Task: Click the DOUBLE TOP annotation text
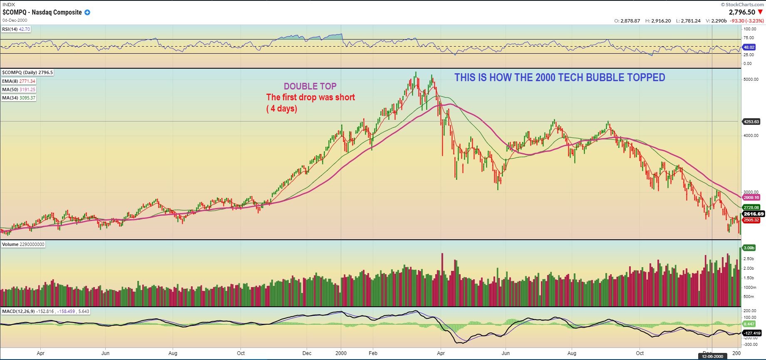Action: click(x=310, y=86)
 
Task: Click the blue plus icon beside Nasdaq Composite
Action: click(x=87, y=12)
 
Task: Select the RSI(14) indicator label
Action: click(x=16, y=29)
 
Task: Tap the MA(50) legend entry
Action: click(x=19, y=89)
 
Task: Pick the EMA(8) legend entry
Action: click(x=19, y=81)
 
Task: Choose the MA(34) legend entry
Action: click(x=19, y=98)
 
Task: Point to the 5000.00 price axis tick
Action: click(x=751, y=79)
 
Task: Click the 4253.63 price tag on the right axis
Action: click(x=751, y=122)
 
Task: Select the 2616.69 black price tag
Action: click(x=754, y=214)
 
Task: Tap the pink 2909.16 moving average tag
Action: click(x=751, y=197)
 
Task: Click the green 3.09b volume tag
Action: click(x=749, y=248)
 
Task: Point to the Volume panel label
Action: click(x=23, y=244)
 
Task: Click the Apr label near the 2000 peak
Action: click(x=441, y=353)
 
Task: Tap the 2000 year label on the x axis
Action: click(x=341, y=353)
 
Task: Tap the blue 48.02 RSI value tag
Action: click(x=749, y=47)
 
